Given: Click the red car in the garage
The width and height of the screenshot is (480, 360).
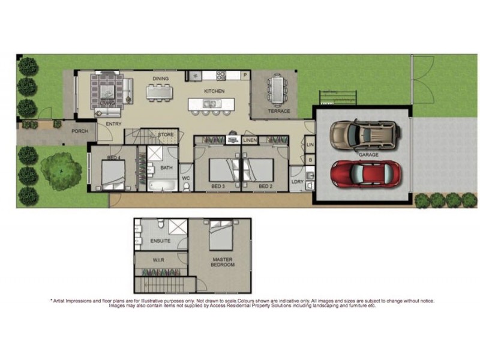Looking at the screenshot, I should (366, 174).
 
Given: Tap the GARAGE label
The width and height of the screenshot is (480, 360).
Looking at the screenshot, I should (368, 155).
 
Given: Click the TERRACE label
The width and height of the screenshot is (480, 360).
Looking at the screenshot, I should (278, 111).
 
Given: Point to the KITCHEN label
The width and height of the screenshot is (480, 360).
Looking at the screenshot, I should (214, 91).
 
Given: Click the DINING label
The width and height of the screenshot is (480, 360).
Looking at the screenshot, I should (160, 79).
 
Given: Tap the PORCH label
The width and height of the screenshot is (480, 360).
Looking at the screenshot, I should (80, 131).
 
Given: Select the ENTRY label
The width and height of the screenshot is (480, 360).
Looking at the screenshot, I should (114, 124).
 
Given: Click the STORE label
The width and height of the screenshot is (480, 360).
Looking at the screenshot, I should (166, 134).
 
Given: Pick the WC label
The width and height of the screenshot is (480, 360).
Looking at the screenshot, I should (185, 178).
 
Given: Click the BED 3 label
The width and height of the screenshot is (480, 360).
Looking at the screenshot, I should (218, 187).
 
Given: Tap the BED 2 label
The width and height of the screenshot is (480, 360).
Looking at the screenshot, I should (265, 187).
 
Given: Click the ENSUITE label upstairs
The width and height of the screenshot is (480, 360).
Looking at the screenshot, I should (160, 241).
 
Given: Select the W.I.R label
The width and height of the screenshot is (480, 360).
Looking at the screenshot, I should (158, 260).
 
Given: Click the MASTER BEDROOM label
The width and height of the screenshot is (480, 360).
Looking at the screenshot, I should (223, 262).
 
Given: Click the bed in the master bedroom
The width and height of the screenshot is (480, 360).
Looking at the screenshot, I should (221, 235).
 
